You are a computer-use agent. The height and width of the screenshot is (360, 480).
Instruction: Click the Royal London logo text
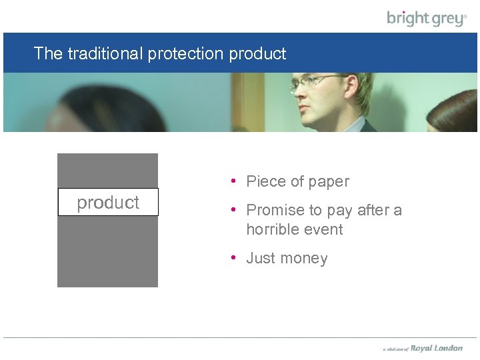[x=436, y=348]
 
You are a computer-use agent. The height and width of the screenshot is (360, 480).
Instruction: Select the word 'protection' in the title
[x=185, y=53]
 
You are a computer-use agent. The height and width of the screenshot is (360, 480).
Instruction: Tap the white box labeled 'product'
[x=108, y=202]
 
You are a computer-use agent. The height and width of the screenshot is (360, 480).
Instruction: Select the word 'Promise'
[x=275, y=210]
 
